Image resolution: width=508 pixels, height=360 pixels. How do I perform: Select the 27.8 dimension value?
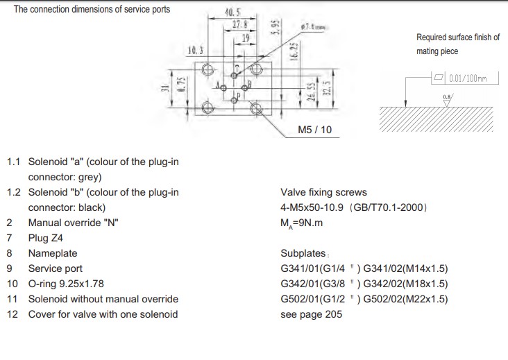(x=241, y=24)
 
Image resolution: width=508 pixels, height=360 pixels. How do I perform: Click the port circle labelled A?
(x=223, y=87)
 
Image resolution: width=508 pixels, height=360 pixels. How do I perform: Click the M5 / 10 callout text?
(x=314, y=130)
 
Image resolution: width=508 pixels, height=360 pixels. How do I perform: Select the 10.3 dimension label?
(x=196, y=50)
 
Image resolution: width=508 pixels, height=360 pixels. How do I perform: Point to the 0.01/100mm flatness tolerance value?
(x=468, y=78)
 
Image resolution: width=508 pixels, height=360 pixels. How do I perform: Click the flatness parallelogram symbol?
(x=437, y=78)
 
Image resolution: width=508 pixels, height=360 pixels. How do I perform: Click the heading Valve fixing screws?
(x=323, y=192)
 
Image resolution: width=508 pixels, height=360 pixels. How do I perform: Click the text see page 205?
(x=311, y=314)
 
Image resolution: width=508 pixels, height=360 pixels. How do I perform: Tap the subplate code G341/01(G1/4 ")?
(x=321, y=268)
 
